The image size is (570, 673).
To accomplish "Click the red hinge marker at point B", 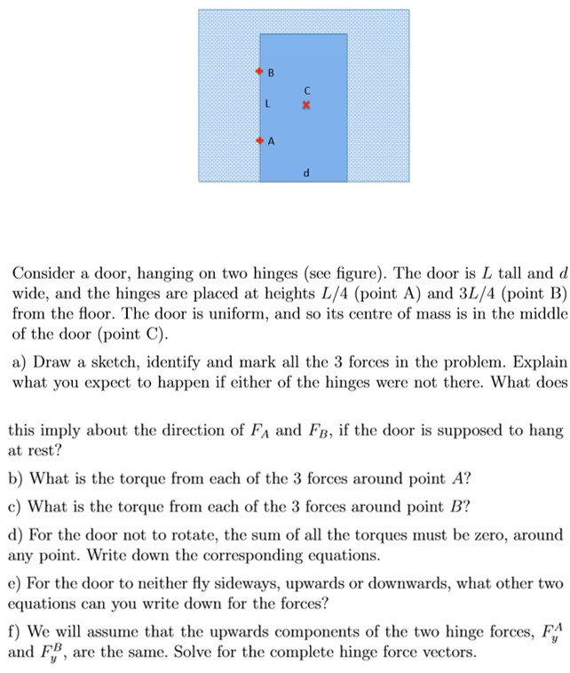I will coord(259,69).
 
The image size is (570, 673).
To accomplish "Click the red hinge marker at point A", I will coord(259,140).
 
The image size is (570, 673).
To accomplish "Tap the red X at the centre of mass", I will coord(306,105).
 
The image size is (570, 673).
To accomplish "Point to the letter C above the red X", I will coord(306,90).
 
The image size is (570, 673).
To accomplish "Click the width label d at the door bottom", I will coord(306,173).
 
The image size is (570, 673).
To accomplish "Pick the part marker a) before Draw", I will coord(20,364).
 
